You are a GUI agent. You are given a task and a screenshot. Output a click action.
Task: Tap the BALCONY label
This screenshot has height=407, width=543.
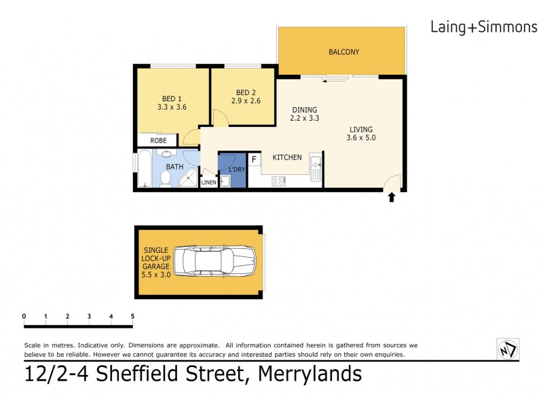[343, 52]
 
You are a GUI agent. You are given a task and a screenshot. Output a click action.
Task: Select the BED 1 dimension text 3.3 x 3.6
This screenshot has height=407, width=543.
[172, 106]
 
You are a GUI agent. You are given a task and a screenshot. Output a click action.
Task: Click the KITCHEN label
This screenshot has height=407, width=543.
[287, 157]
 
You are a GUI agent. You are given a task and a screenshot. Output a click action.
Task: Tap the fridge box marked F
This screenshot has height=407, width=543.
[255, 159]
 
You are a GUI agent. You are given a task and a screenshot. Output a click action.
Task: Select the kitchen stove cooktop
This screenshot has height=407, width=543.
[279, 181]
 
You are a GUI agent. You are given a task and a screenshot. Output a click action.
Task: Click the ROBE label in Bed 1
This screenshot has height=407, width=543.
[158, 141]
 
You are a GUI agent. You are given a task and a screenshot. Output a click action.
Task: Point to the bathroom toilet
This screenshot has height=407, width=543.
[165, 178]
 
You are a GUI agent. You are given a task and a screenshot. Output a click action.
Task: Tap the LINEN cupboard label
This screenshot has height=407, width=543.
[209, 182]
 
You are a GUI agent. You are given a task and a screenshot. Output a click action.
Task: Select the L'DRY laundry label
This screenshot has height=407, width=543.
[236, 169]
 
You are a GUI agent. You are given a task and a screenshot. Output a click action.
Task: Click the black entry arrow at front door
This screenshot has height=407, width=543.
[391, 198]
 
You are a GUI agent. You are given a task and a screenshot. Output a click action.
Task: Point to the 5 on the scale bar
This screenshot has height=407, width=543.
[132, 316]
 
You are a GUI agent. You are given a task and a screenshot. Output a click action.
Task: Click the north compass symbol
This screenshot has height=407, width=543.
[507, 349]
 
